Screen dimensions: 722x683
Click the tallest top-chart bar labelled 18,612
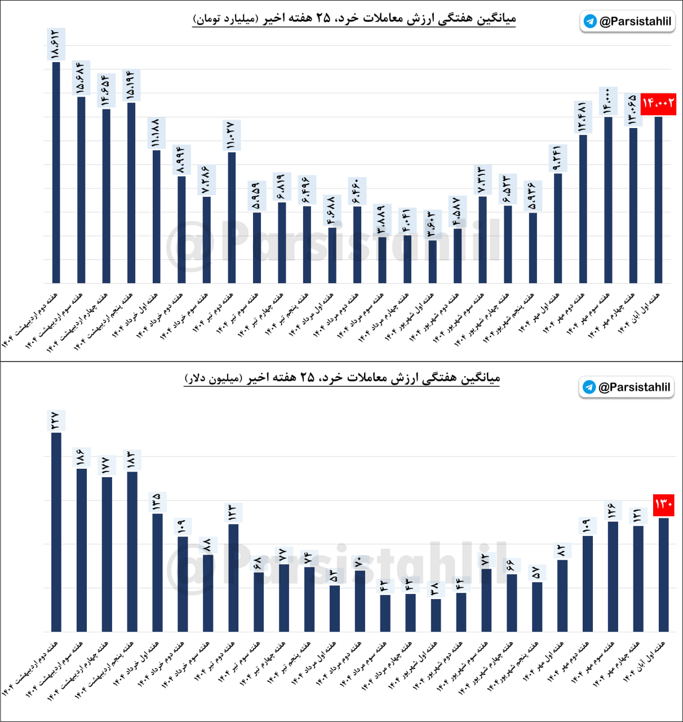coord(56,172)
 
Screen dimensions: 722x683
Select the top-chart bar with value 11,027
coord(232,217)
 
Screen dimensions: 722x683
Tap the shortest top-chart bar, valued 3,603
coord(433,261)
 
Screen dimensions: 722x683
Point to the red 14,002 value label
coord(658,103)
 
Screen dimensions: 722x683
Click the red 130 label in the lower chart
coord(663,504)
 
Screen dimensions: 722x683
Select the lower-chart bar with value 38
coord(436,615)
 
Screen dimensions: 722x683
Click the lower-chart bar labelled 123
coord(233,578)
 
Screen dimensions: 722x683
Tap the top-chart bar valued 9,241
coord(558,228)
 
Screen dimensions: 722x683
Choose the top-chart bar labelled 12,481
coord(583,209)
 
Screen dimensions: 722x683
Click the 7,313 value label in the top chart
coord(482,180)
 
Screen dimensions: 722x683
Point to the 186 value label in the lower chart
coord(81,457)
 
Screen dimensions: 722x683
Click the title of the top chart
coord(354,19)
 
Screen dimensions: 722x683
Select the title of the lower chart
coord(342,377)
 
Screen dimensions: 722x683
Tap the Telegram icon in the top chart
coord(590,21)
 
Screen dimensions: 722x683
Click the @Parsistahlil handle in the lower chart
coord(634,387)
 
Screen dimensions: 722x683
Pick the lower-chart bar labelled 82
coord(562,595)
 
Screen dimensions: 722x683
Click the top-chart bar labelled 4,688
coord(332,255)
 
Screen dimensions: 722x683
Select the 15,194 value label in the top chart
coord(131,86)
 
